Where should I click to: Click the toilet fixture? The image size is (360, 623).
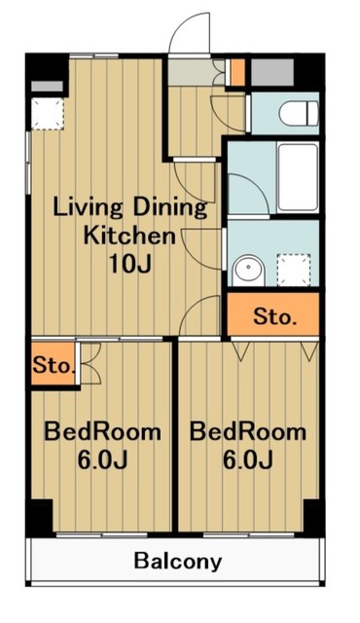click(x=299, y=113)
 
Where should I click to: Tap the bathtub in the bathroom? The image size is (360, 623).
click(x=298, y=177)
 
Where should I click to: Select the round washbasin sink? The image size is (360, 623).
click(x=248, y=271)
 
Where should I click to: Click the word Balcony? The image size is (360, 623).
click(x=177, y=562)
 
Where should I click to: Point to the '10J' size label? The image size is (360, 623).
click(x=130, y=264)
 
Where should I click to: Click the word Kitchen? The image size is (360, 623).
click(x=129, y=236)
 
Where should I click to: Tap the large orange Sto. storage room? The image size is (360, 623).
click(x=273, y=314)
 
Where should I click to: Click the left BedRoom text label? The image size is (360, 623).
click(x=102, y=432)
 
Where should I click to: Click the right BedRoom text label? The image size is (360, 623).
click(x=248, y=432)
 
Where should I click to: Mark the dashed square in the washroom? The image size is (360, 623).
click(x=294, y=271)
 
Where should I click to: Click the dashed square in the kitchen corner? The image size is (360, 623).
click(x=48, y=114)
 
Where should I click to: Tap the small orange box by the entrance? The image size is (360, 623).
click(x=237, y=72)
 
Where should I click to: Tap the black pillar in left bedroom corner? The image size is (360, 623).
click(x=40, y=517)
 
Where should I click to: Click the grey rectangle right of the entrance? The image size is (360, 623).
click(x=272, y=72)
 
